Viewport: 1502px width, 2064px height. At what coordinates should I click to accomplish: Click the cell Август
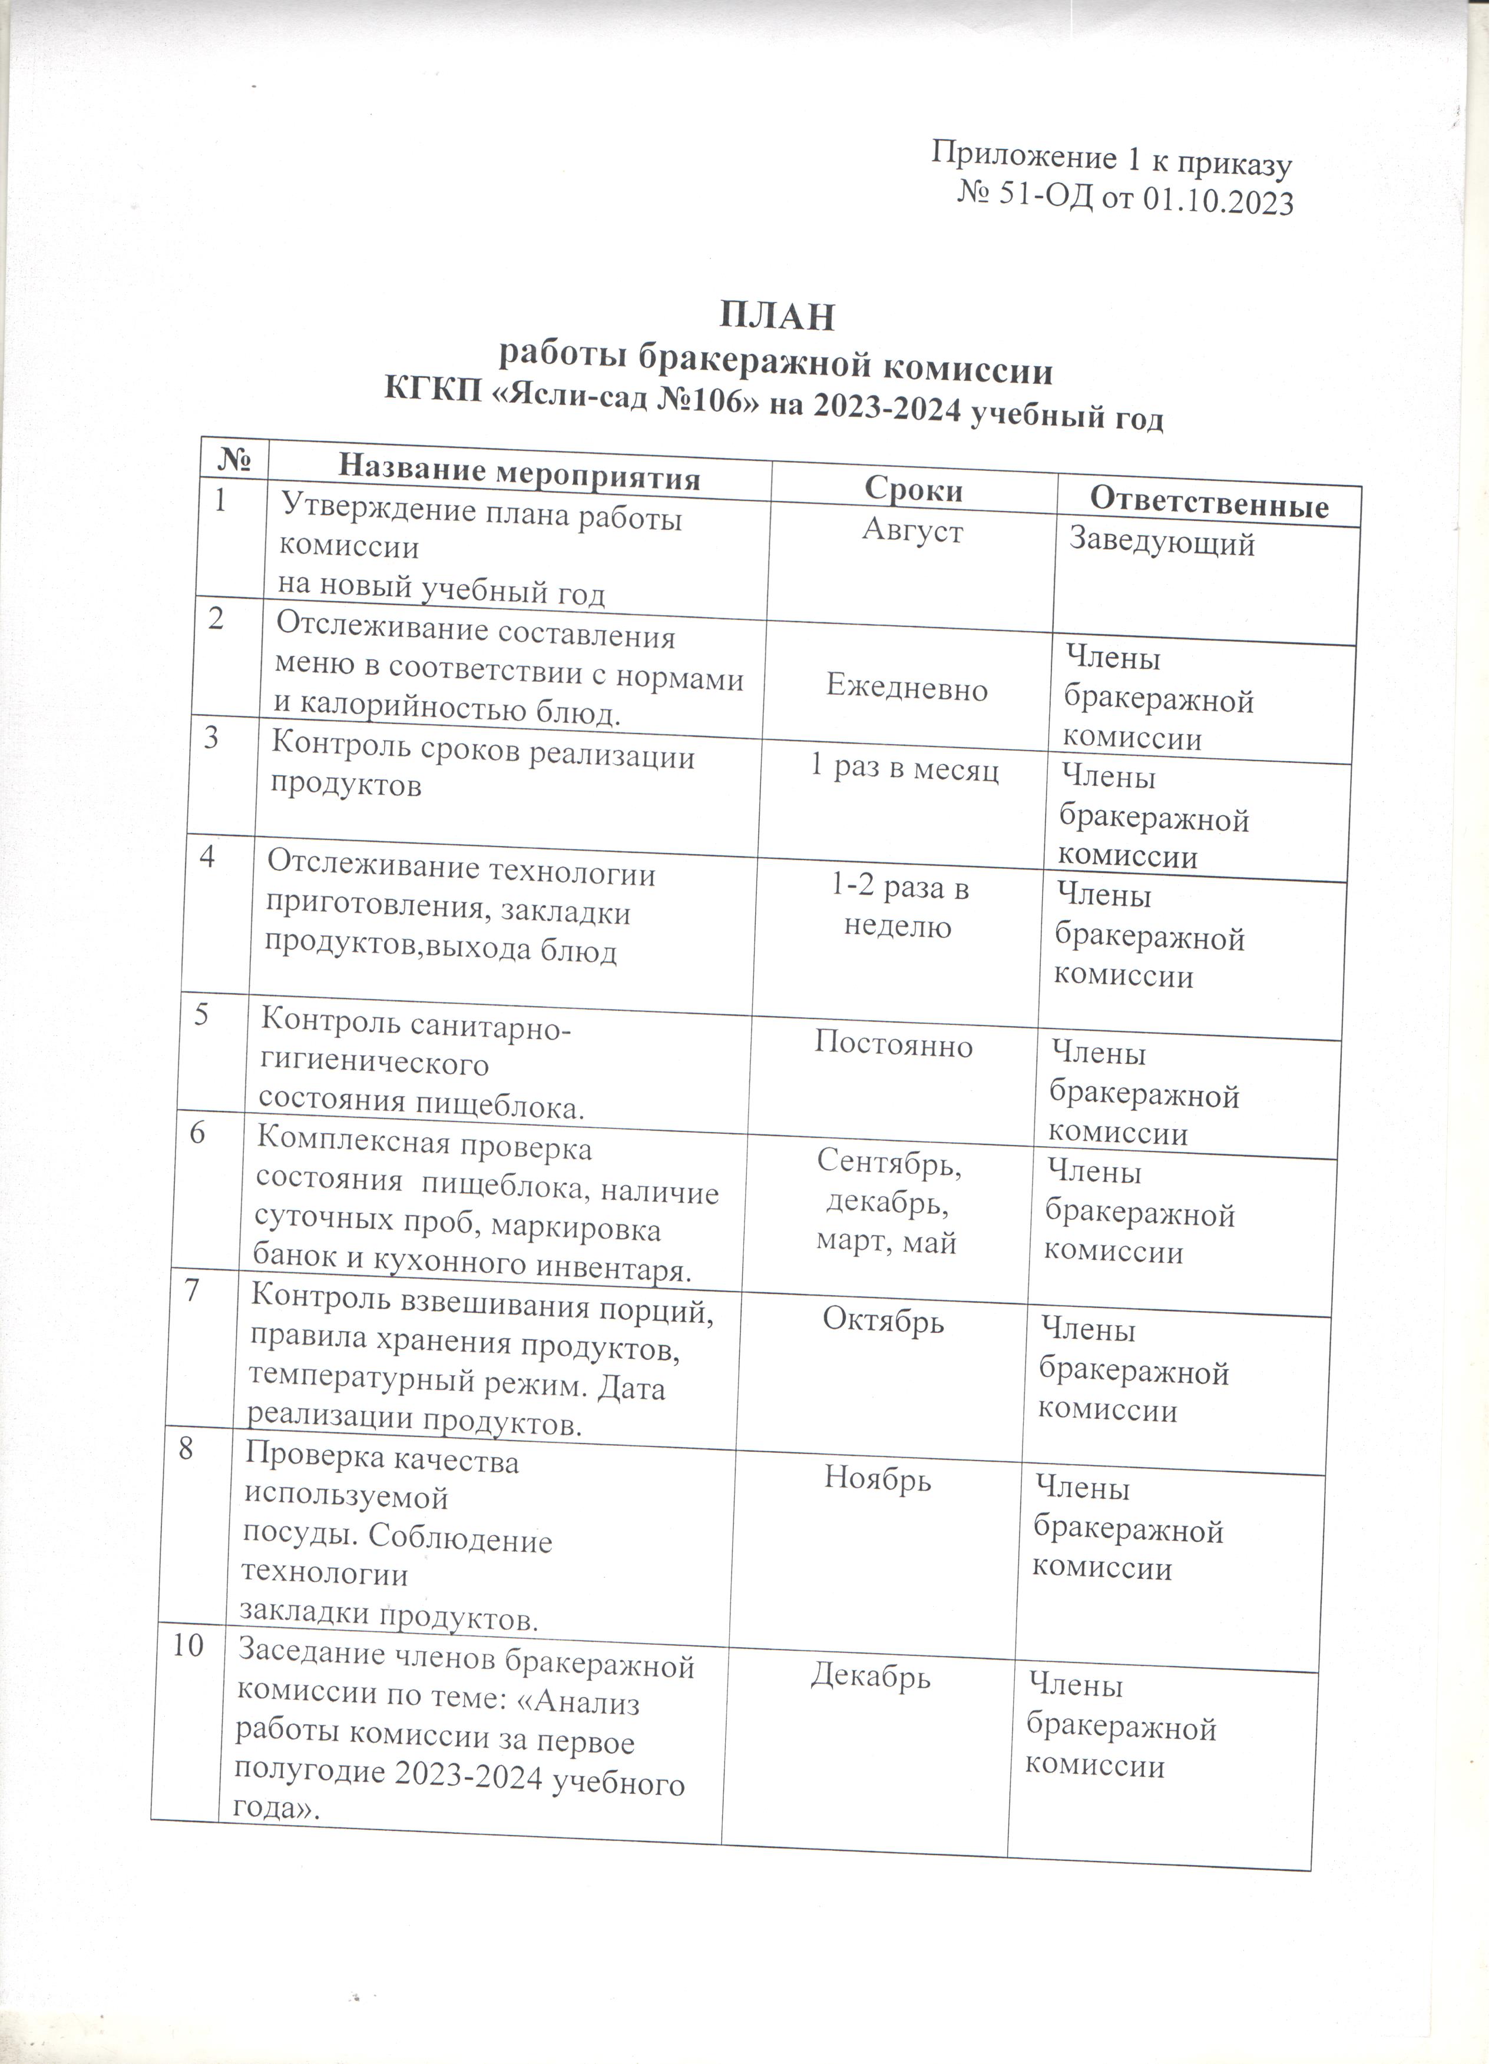(x=912, y=530)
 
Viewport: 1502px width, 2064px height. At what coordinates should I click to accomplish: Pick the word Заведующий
(x=1162, y=543)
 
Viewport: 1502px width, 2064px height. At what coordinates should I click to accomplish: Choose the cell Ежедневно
(x=907, y=689)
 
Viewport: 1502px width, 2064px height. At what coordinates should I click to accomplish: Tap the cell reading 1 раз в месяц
(x=904, y=770)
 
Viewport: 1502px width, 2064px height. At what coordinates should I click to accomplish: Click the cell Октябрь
(x=883, y=1319)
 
